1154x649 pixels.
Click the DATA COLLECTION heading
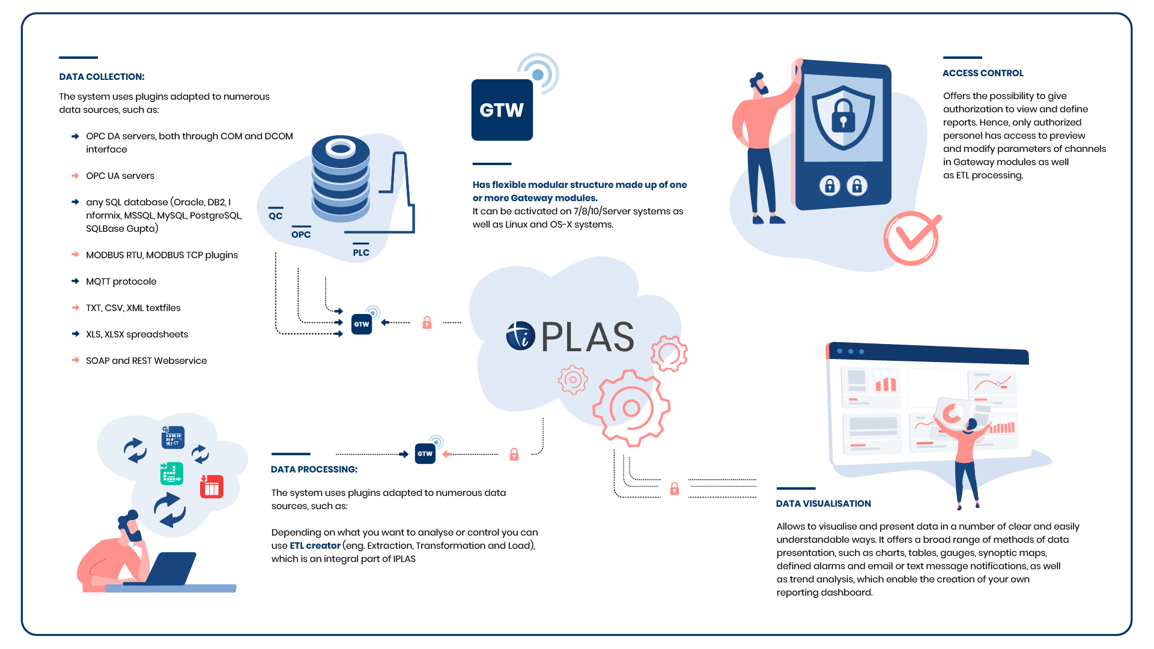[102, 77]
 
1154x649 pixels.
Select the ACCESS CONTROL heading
[983, 73]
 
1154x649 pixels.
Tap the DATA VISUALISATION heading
[824, 504]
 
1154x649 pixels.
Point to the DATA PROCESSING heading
[314, 469]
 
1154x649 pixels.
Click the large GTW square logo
[502, 110]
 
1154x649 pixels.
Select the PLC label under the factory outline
[361, 253]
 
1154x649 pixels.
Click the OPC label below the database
[301, 235]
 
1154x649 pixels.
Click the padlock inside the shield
[843, 116]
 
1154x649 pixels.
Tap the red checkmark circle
[911, 238]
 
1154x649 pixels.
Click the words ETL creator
[315, 546]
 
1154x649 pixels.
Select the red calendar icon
[211, 486]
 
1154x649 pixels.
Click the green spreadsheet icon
[172, 473]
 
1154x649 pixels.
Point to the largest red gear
[631, 408]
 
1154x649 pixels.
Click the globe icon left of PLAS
[521, 336]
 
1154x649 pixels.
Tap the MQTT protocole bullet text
[121, 282]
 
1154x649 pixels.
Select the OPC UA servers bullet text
[120, 176]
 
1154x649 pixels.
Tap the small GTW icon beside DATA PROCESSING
[425, 454]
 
